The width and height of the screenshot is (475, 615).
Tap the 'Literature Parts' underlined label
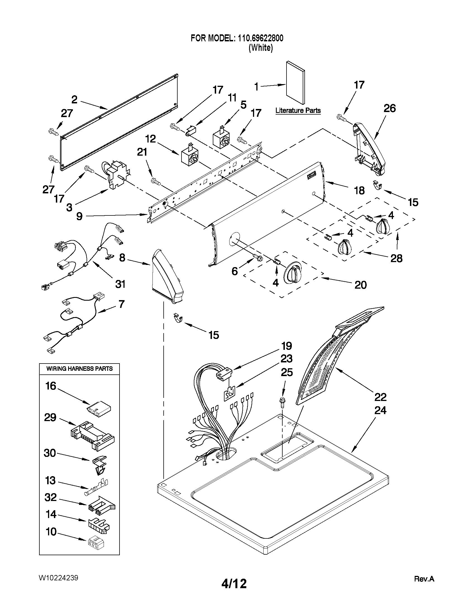point(298,110)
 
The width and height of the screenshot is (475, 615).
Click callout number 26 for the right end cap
point(390,108)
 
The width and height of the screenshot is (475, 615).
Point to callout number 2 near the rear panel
point(74,99)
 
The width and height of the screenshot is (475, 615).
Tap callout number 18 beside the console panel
point(359,191)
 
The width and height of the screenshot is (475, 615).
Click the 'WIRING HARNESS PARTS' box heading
point(79,369)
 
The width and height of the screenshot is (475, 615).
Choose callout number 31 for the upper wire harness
point(120,284)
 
